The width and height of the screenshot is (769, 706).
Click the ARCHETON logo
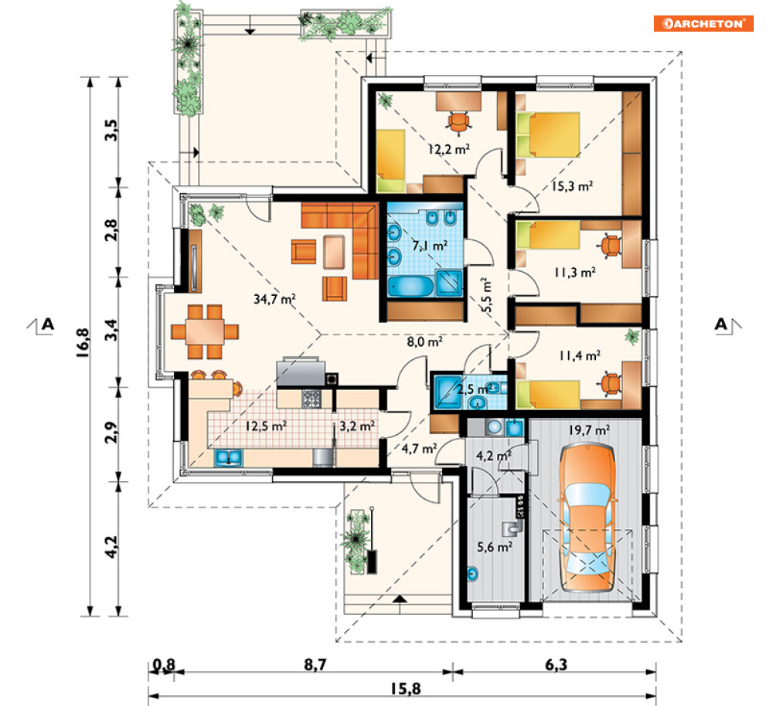(703, 23)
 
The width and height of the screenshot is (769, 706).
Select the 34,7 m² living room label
(274, 299)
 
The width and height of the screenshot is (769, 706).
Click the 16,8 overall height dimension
(83, 342)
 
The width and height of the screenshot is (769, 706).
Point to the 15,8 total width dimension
(406, 689)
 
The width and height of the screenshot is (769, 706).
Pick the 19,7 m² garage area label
(589, 430)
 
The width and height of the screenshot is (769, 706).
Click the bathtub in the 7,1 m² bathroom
(410, 287)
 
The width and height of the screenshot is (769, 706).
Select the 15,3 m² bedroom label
(573, 186)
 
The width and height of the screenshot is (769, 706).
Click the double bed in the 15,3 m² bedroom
(548, 135)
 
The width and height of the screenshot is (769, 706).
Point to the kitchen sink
(228, 457)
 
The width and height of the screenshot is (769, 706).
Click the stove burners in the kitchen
(311, 398)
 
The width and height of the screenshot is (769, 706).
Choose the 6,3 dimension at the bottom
(556, 665)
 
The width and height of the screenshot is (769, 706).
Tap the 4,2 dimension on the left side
(111, 546)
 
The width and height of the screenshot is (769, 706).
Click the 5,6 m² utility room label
(495, 546)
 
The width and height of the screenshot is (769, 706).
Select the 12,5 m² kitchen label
(266, 426)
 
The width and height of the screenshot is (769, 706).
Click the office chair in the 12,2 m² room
(458, 123)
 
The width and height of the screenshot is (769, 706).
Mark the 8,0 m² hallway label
(425, 341)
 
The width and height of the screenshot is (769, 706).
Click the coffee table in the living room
(334, 252)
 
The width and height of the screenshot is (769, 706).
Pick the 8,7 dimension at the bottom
(315, 665)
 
